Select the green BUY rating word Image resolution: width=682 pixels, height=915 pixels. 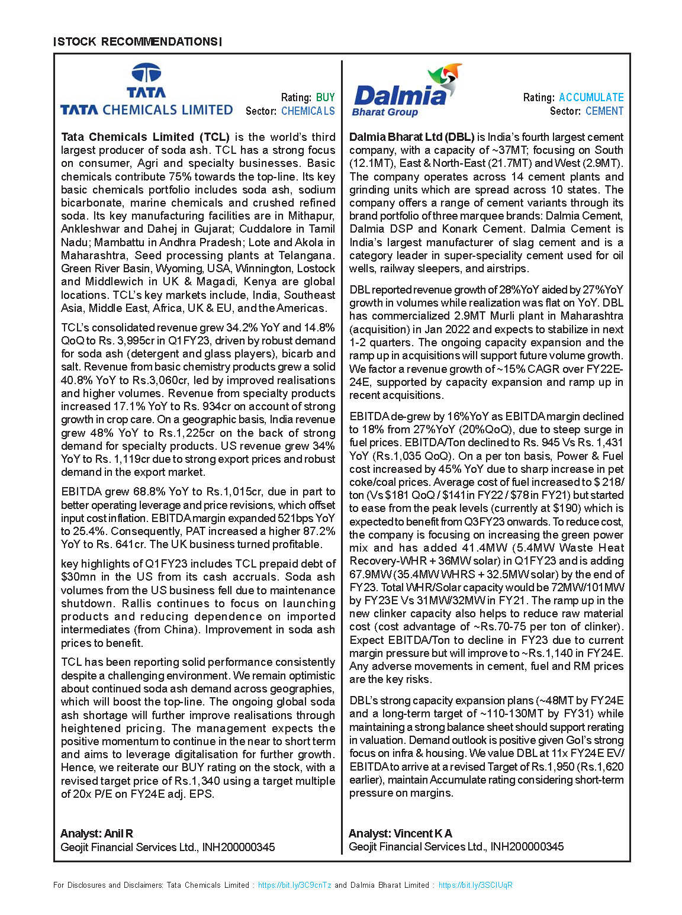coord(325,98)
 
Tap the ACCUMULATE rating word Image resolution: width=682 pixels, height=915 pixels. coord(591,98)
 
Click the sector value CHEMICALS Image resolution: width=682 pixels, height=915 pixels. coord(308,111)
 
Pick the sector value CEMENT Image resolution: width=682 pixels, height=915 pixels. coord(604,111)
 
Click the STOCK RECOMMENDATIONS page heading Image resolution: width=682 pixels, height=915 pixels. coord(137,42)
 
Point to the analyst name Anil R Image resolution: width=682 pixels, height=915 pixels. coord(118,833)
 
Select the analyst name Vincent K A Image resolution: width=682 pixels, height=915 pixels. coord(423,833)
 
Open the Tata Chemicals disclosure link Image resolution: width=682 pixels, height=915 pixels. coord(294,885)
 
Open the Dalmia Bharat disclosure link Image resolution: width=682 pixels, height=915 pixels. coord(475,885)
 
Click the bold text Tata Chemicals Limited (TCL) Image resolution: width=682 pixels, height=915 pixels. coord(145,137)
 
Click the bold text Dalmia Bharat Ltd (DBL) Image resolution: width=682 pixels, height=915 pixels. coord(412,137)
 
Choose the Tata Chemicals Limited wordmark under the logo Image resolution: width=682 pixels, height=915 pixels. coord(146,110)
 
